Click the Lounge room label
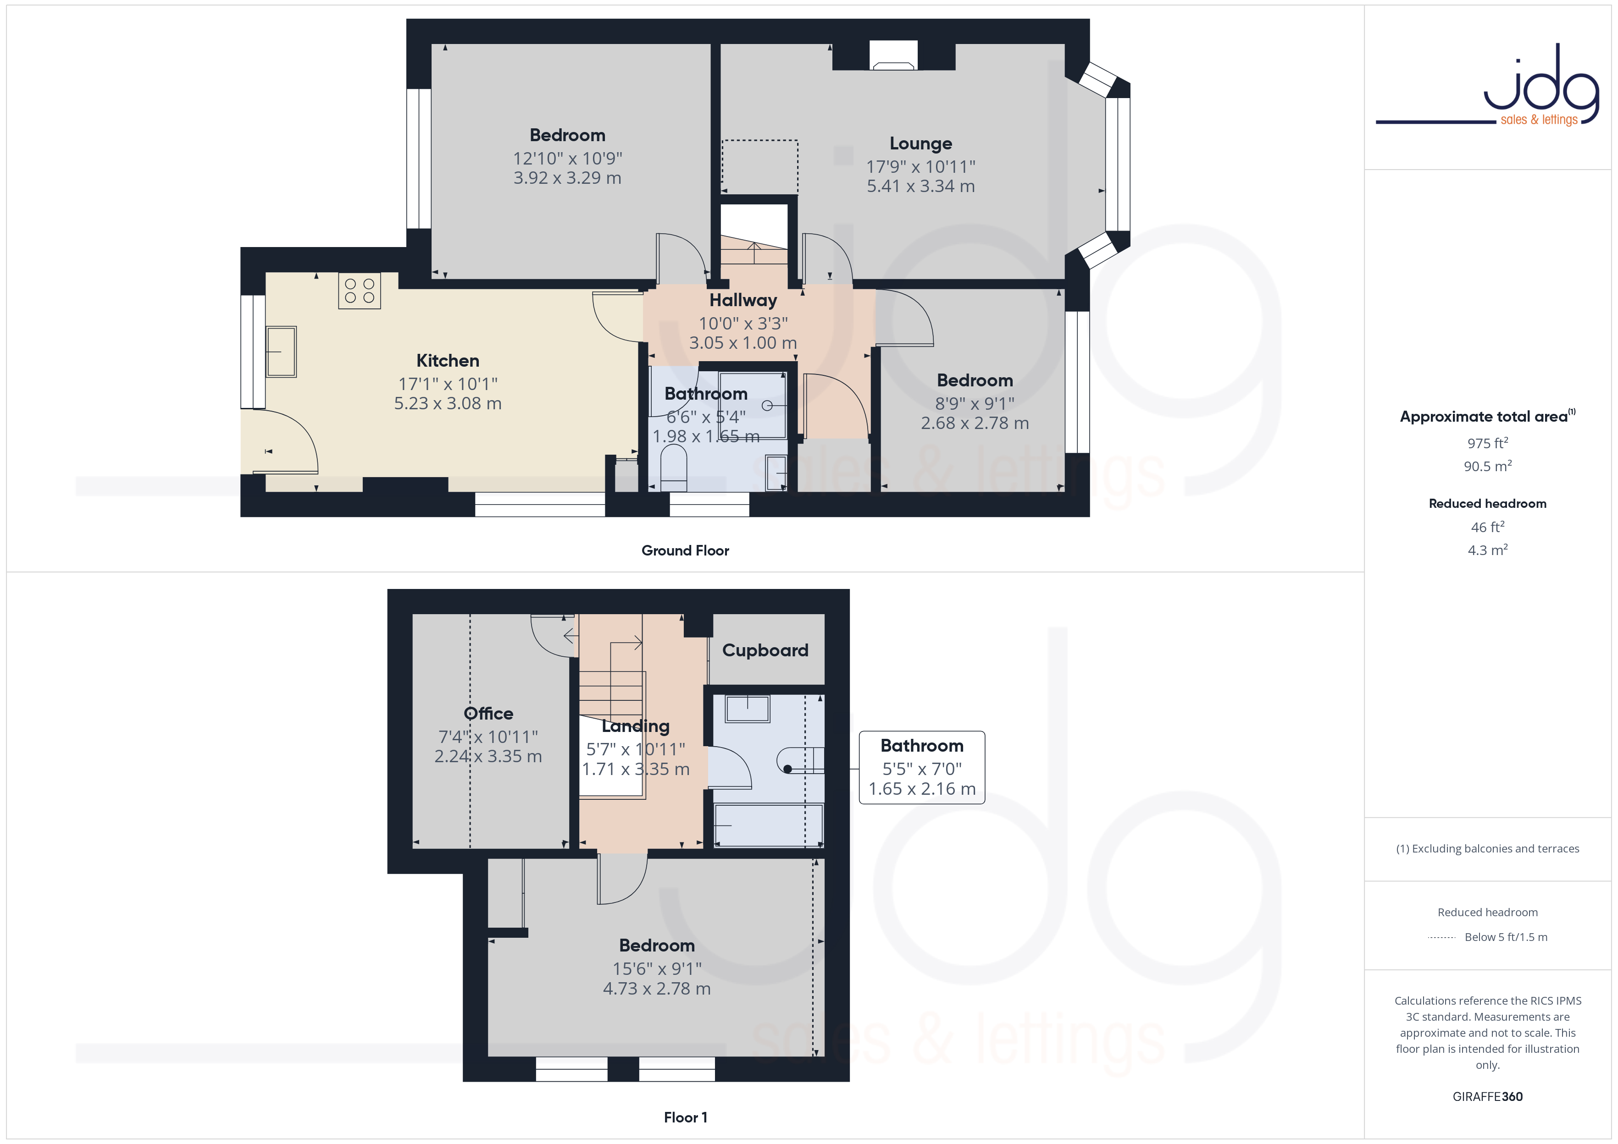click(920, 144)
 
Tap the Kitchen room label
click(448, 361)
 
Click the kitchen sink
click(281, 352)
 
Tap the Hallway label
click(743, 300)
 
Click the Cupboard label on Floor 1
click(765, 650)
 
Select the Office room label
click(488, 714)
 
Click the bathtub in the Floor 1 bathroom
click(768, 824)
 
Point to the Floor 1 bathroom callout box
click(922, 767)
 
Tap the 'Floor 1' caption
click(685, 1117)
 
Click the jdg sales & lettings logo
click(1488, 86)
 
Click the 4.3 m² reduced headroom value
click(1488, 550)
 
